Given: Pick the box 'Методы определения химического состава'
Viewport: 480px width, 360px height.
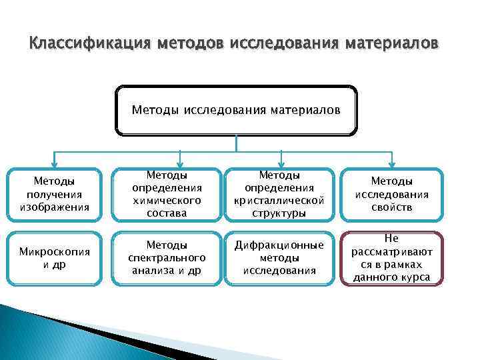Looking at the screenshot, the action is pyautogui.click(x=167, y=194).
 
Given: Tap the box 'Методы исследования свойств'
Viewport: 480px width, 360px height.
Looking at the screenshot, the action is pyautogui.click(x=392, y=194).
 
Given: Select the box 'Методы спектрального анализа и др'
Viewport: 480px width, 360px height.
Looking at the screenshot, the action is pyautogui.click(x=167, y=258).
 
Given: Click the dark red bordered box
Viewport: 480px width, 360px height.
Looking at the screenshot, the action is pyautogui.click(x=392, y=258).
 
